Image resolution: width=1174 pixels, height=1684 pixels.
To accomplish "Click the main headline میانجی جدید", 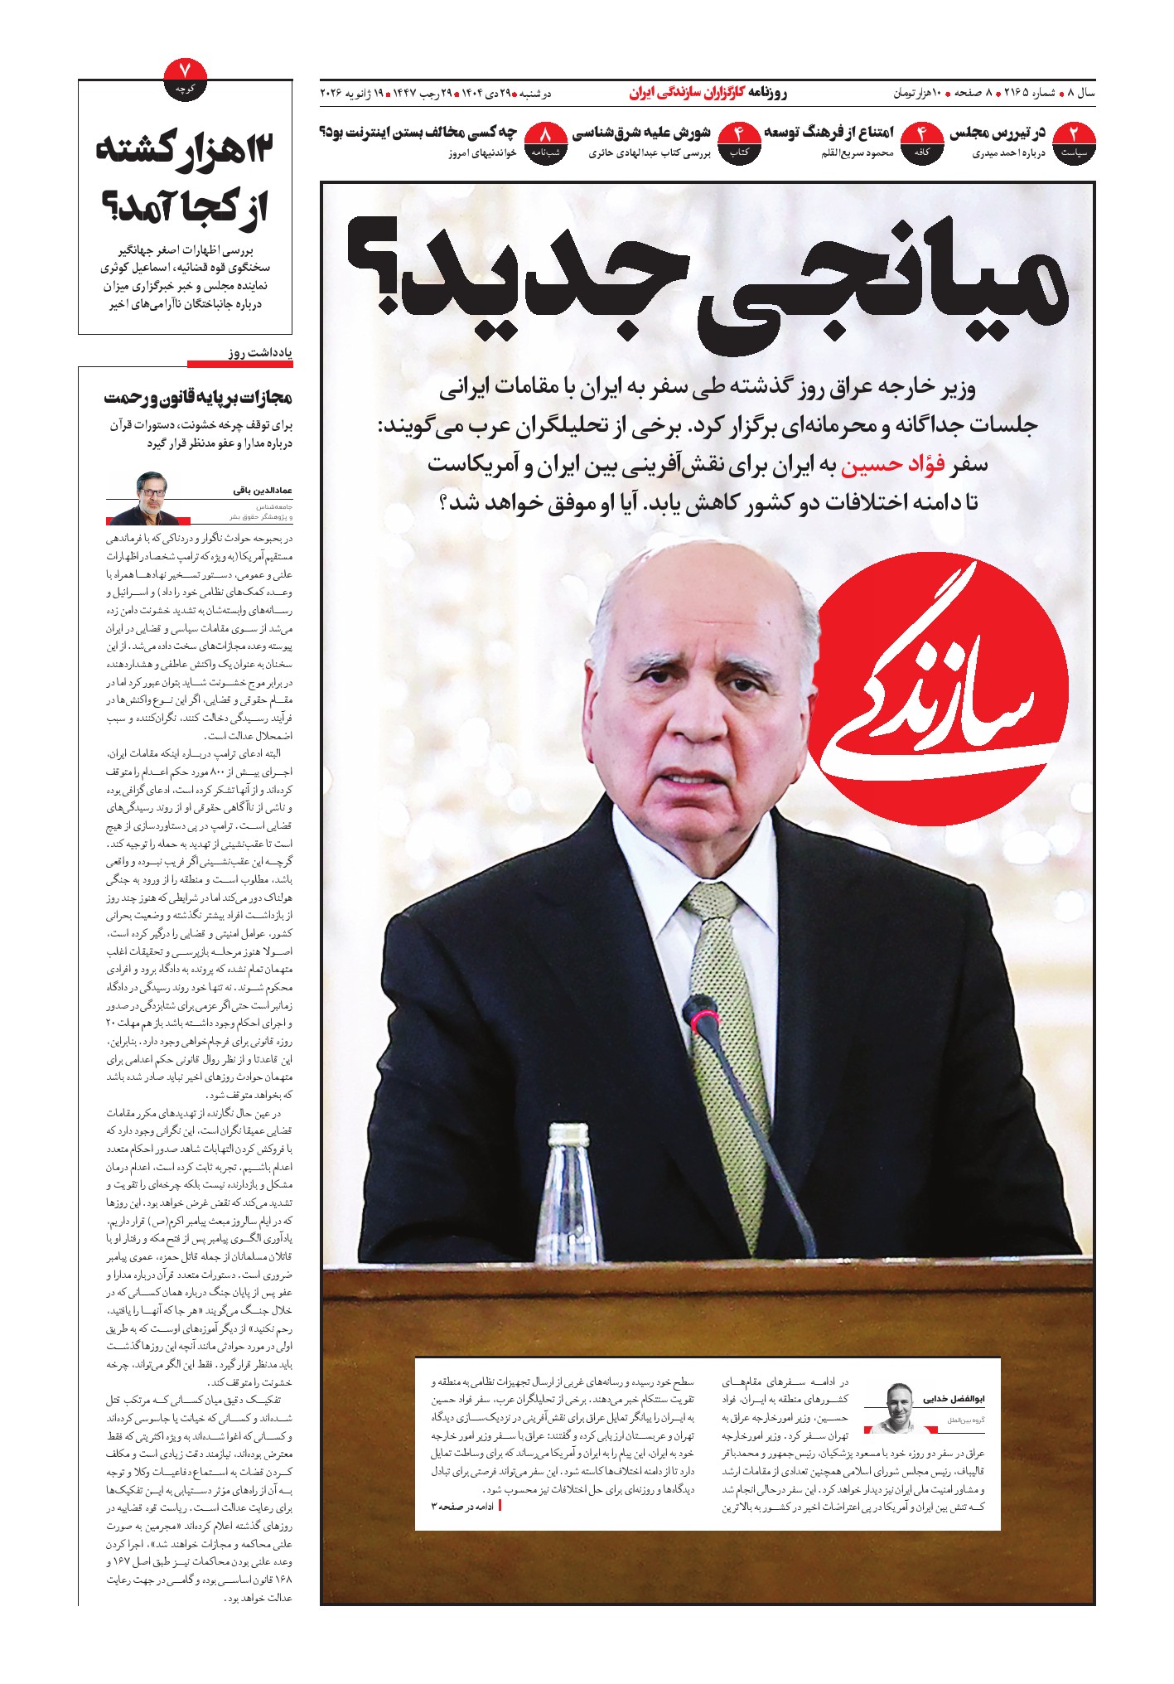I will point(704,282).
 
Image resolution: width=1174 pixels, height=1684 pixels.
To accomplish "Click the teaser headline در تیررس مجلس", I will point(998,133).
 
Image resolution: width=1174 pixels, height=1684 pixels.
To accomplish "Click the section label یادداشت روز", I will point(260,353).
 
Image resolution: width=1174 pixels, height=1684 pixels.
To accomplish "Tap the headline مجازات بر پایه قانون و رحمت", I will point(199,398).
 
